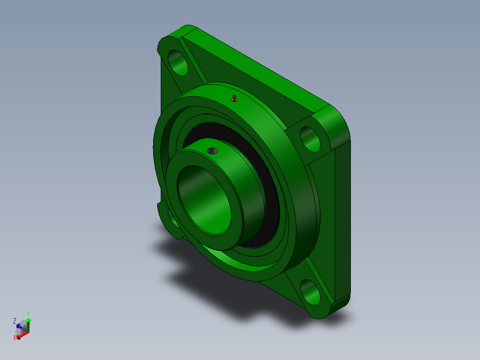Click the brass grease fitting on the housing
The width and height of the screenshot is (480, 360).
[234, 98]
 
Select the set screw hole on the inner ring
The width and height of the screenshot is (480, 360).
[212, 151]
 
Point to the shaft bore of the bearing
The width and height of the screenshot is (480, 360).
[204, 200]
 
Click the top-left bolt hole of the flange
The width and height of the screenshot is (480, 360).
[178, 62]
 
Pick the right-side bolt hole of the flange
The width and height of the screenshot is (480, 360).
[310, 139]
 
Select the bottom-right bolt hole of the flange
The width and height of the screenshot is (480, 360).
[310, 292]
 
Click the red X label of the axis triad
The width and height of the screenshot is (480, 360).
[14, 337]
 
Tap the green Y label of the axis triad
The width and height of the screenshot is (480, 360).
[28, 313]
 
